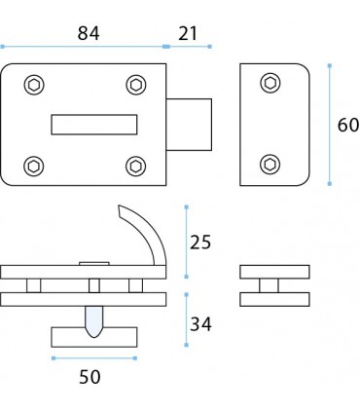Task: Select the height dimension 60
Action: (x=347, y=126)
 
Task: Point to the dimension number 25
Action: (x=200, y=241)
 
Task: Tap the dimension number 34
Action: (x=200, y=322)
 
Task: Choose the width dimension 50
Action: (x=89, y=374)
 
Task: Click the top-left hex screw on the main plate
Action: (x=35, y=85)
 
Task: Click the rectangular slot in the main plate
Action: (x=92, y=123)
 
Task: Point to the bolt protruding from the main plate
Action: (x=190, y=123)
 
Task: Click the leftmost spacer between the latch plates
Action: (x=34, y=285)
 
